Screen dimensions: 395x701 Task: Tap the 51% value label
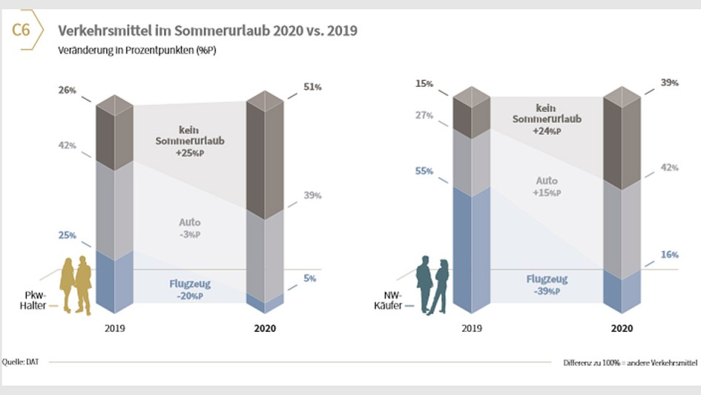click(x=312, y=88)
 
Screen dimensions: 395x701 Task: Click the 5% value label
click(x=309, y=278)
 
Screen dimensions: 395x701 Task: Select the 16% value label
click(x=670, y=255)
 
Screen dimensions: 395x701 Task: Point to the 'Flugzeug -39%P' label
click(x=547, y=285)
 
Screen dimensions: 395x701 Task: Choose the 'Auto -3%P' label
click(x=190, y=228)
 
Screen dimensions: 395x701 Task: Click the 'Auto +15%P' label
click(x=547, y=186)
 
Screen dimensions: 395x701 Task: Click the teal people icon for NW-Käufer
click(x=432, y=285)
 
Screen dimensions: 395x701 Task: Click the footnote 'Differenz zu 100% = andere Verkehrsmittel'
click(x=630, y=363)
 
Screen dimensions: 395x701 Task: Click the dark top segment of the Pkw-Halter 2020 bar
click(x=264, y=156)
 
